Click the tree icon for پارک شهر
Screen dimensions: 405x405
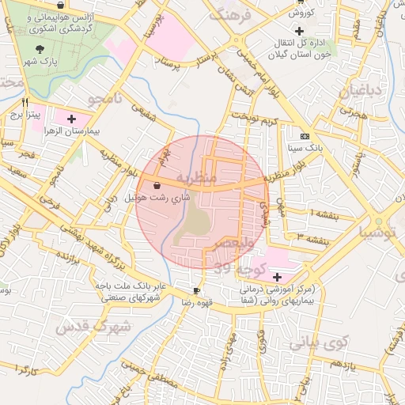click(x=39, y=49)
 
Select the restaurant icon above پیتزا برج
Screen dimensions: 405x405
click(x=25, y=102)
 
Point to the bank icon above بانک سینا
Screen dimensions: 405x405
click(x=304, y=134)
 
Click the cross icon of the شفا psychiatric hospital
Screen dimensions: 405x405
click(x=277, y=277)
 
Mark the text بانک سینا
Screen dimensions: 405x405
click(x=304, y=147)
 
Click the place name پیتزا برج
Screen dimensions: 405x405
click(x=25, y=115)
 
